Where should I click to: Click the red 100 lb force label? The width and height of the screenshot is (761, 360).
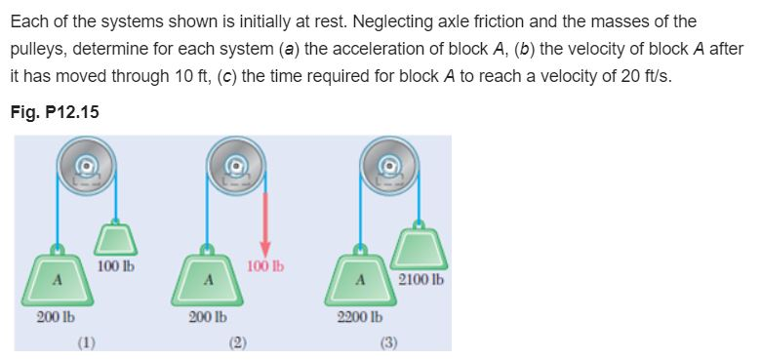click(x=264, y=264)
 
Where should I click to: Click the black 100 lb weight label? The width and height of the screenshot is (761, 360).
click(x=116, y=264)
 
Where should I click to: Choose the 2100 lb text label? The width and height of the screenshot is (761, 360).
click(x=421, y=280)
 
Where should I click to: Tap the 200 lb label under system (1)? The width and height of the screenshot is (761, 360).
click(x=57, y=317)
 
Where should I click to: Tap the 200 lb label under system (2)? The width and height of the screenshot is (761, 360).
click(x=207, y=317)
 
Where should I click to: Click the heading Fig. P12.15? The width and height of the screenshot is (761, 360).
click(x=56, y=112)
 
